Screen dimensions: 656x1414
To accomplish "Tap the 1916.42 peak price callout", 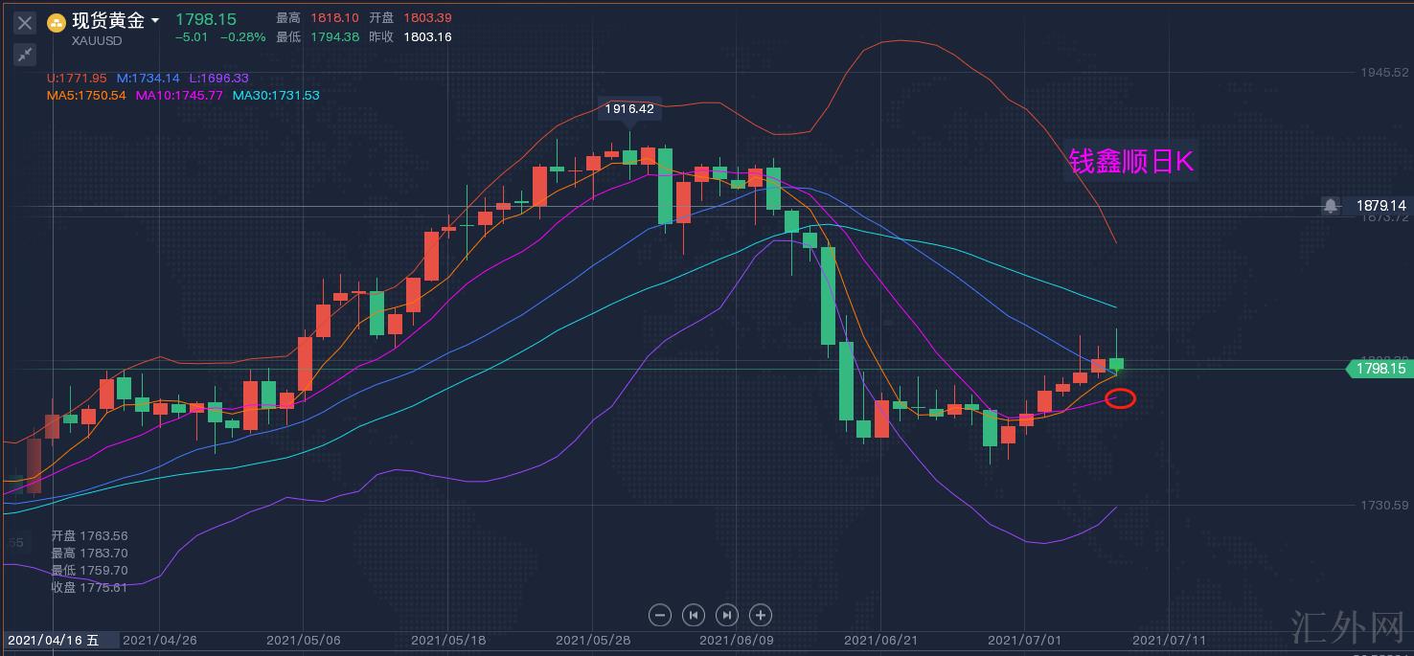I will click(629, 109).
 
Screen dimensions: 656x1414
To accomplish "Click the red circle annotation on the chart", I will click(1120, 398).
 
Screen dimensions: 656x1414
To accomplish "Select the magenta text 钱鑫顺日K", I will click(1131, 162).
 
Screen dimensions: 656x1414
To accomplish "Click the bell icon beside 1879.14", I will click(1331, 206).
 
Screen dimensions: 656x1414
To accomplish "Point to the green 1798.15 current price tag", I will click(1380, 369).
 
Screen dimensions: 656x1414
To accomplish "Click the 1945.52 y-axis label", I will click(1385, 73).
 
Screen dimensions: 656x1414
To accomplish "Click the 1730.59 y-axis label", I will click(1385, 505).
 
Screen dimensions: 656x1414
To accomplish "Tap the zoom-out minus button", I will click(659, 615).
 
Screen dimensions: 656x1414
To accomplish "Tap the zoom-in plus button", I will click(760, 615).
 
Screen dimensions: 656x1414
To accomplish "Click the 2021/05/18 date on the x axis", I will click(448, 640).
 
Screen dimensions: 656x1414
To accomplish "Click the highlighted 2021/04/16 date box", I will click(54, 640).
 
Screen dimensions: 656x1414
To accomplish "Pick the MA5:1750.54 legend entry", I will click(86, 96).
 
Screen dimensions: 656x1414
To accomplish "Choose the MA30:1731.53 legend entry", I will click(276, 96).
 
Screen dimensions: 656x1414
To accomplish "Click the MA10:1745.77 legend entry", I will click(179, 96).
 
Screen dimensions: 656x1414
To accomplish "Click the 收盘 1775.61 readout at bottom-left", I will click(89, 587).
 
